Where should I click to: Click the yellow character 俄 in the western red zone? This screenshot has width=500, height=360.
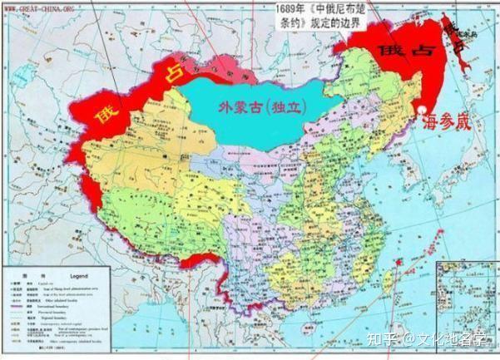[106, 111]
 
